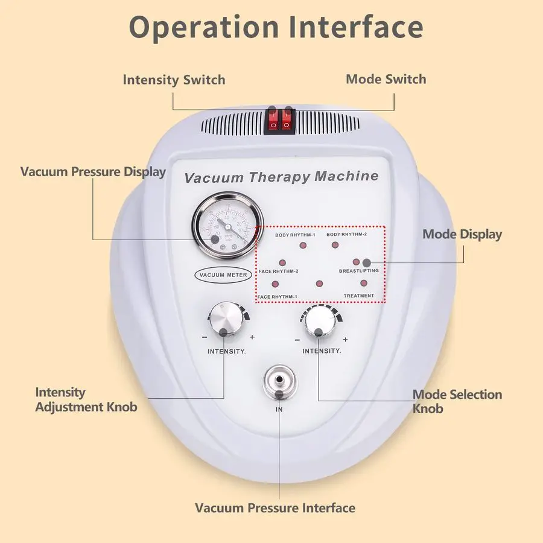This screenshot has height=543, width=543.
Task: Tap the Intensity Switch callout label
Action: click(174, 80)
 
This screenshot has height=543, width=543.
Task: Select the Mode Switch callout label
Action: click(386, 79)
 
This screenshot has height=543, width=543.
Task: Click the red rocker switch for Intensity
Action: click(273, 120)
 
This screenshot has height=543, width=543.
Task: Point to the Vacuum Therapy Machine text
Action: click(281, 177)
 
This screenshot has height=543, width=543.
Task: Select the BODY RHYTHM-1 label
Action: click(296, 234)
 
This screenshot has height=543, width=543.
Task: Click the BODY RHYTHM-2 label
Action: click(347, 234)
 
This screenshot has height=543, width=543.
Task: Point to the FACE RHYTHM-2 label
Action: click(278, 271)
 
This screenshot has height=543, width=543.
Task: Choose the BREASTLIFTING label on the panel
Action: click(358, 271)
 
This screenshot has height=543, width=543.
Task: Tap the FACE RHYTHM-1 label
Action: click(277, 297)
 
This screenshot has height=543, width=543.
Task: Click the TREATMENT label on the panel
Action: click(358, 296)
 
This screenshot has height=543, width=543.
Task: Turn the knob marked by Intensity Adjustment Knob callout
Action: click(224, 319)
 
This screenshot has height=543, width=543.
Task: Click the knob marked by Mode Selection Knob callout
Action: click(318, 324)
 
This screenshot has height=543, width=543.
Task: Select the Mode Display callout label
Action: click(462, 234)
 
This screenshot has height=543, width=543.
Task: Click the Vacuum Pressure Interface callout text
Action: click(275, 507)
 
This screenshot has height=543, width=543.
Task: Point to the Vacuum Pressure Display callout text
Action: click(93, 171)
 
